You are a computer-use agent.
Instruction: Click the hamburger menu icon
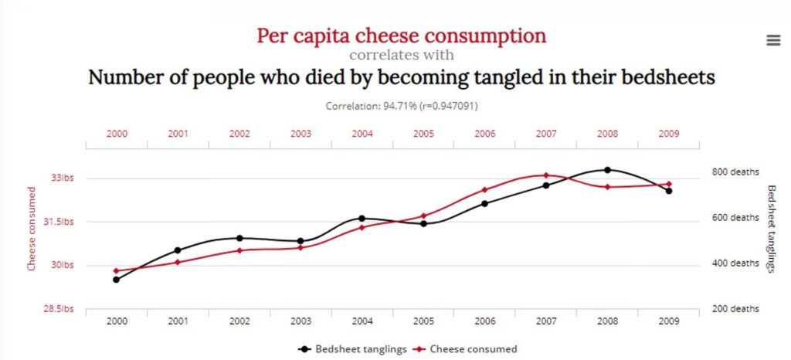coord(773,41)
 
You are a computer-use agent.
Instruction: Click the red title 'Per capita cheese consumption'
coord(401,36)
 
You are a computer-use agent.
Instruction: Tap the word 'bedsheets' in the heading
coord(666,78)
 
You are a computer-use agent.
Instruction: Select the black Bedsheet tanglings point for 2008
coord(607,170)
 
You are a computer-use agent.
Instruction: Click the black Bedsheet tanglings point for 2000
coord(116,280)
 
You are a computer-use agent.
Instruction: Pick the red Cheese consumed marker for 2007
coord(545,175)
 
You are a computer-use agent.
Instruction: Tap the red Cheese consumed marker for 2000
coord(116,271)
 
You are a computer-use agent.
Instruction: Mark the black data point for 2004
coord(362,219)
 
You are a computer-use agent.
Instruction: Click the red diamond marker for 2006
coord(484,190)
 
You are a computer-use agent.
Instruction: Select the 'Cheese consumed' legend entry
coord(469,349)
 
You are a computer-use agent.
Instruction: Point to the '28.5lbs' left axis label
coord(59,309)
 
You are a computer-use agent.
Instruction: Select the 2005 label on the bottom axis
coord(423,321)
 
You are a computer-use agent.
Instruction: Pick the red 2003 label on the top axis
coord(300,134)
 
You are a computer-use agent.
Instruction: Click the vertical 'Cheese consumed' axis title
coord(32,229)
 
